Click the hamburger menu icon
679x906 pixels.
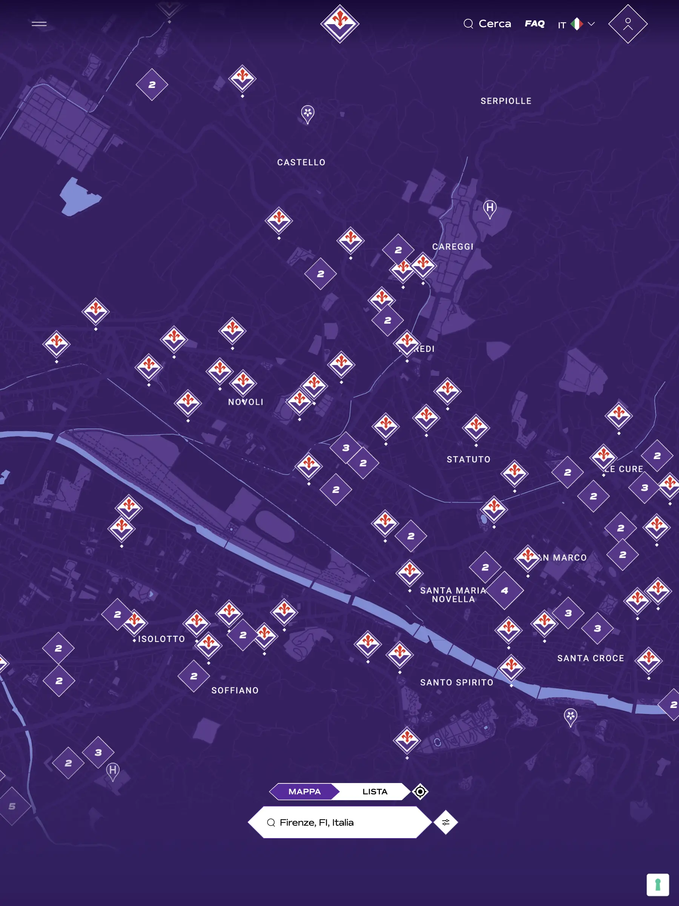[39, 24]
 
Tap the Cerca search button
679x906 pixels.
[487, 24]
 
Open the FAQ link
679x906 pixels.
[535, 24]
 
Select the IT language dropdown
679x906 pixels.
[576, 24]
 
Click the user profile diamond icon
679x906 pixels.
[627, 24]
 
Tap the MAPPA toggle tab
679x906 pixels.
[304, 792]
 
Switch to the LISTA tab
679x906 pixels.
[374, 792]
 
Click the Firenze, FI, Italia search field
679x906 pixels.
[340, 822]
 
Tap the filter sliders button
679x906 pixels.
[445, 822]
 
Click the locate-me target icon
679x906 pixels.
[420, 792]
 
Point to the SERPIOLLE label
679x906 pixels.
[506, 101]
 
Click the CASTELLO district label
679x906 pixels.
[301, 163]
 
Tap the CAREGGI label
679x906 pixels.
[453, 247]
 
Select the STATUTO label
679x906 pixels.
[469, 459]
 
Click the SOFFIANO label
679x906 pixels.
[235, 691]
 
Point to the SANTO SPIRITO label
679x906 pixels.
[456, 682]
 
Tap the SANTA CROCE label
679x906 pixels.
[591, 658]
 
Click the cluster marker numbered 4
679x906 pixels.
[505, 591]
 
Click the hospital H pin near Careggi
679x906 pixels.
[490, 208]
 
